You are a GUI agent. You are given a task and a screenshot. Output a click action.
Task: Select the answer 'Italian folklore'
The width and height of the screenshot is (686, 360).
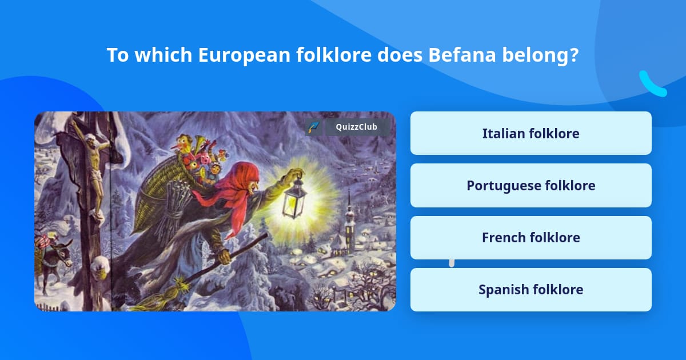531,133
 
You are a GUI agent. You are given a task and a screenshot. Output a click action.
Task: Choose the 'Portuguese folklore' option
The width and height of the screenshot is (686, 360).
531,185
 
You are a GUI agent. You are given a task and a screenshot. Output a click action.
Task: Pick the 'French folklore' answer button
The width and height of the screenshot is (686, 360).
531,237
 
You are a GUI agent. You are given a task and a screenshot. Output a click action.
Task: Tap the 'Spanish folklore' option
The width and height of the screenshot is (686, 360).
531,289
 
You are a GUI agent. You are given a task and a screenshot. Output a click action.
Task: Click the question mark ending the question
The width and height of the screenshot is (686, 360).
574,55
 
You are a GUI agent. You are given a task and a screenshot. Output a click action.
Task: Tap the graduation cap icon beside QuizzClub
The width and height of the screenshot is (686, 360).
313,127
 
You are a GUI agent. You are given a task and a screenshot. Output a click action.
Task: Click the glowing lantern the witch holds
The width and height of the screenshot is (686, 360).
295,197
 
